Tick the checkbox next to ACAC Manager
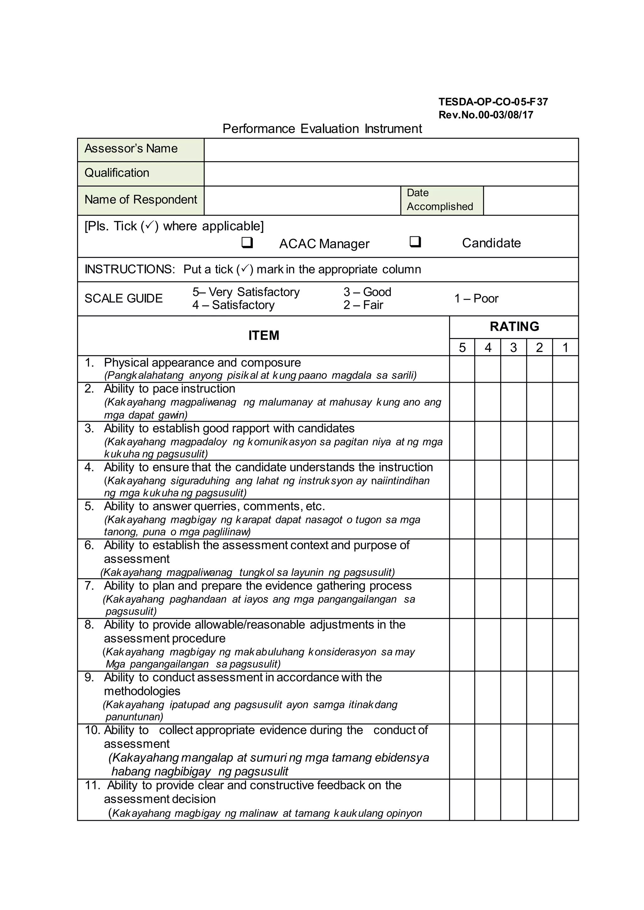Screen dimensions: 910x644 click(247, 242)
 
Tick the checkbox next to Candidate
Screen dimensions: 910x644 click(415, 241)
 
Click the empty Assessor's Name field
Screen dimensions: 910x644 click(391, 150)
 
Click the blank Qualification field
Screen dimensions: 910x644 click(391, 173)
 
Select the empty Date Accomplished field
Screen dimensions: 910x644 click(530, 200)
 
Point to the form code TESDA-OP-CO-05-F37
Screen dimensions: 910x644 click(493, 102)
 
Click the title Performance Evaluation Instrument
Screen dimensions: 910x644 click(322, 129)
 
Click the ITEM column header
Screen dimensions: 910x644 click(264, 336)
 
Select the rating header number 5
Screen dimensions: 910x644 click(462, 348)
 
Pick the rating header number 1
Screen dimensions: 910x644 click(565, 348)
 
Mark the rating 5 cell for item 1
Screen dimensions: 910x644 click(462, 369)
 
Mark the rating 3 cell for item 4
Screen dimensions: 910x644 click(514, 480)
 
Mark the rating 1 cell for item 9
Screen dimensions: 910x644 click(565, 698)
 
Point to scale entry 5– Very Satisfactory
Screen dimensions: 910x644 click(246, 292)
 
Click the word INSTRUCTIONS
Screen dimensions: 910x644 click(129, 270)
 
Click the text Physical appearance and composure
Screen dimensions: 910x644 click(202, 363)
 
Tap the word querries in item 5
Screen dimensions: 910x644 click(217, 507)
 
